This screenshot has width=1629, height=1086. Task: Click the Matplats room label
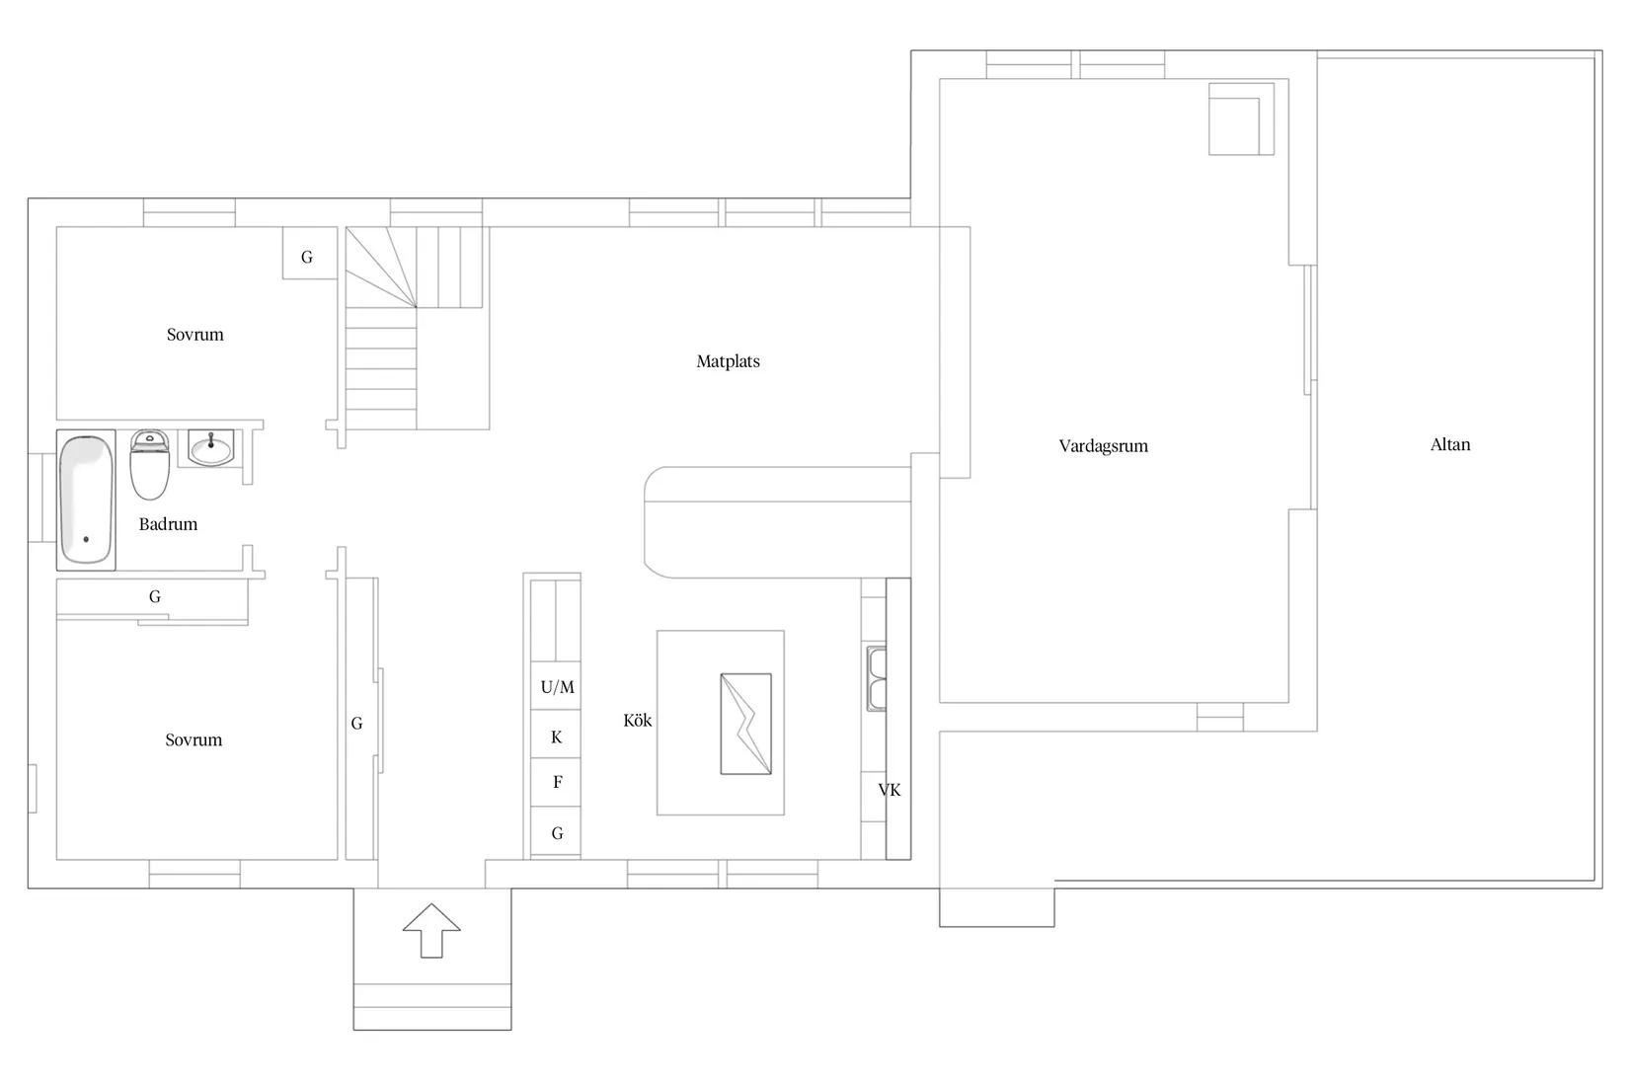point(728,361)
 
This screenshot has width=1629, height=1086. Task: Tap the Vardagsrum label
point(1103,446)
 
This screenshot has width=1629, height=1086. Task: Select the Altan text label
point(1450,444)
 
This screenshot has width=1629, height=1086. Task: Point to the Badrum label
point(168,523)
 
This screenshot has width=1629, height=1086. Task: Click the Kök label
point(637,720)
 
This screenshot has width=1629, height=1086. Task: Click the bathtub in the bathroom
point(86,500)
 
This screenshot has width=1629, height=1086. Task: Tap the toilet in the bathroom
point(149,465)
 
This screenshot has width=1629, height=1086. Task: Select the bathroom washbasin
point(211,447)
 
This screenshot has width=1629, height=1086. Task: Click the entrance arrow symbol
point(432,930)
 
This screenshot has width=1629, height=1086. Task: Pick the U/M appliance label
point(557,687)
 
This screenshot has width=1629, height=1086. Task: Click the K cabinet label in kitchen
point(557,737)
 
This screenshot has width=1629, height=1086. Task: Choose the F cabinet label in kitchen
point(557,782)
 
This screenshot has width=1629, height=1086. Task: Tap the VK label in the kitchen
point(890,790)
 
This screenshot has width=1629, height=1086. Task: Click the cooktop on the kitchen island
point(746,724)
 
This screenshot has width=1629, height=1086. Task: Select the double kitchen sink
point(877,678)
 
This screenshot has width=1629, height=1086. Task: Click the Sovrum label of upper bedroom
point(194,335)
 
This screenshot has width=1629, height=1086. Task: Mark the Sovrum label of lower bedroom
point(194,739)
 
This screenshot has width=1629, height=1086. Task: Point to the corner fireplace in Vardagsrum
point(1241,118)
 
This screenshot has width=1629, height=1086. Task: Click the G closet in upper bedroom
point(310,253)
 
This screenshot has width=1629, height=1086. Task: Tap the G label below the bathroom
point(155,596)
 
